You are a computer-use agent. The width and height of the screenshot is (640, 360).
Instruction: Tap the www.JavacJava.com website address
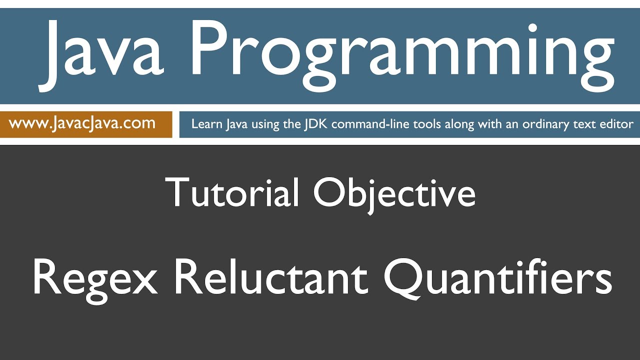(x=82, y=123)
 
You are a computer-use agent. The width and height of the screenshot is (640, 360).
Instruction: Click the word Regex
(x=95, y=278)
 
